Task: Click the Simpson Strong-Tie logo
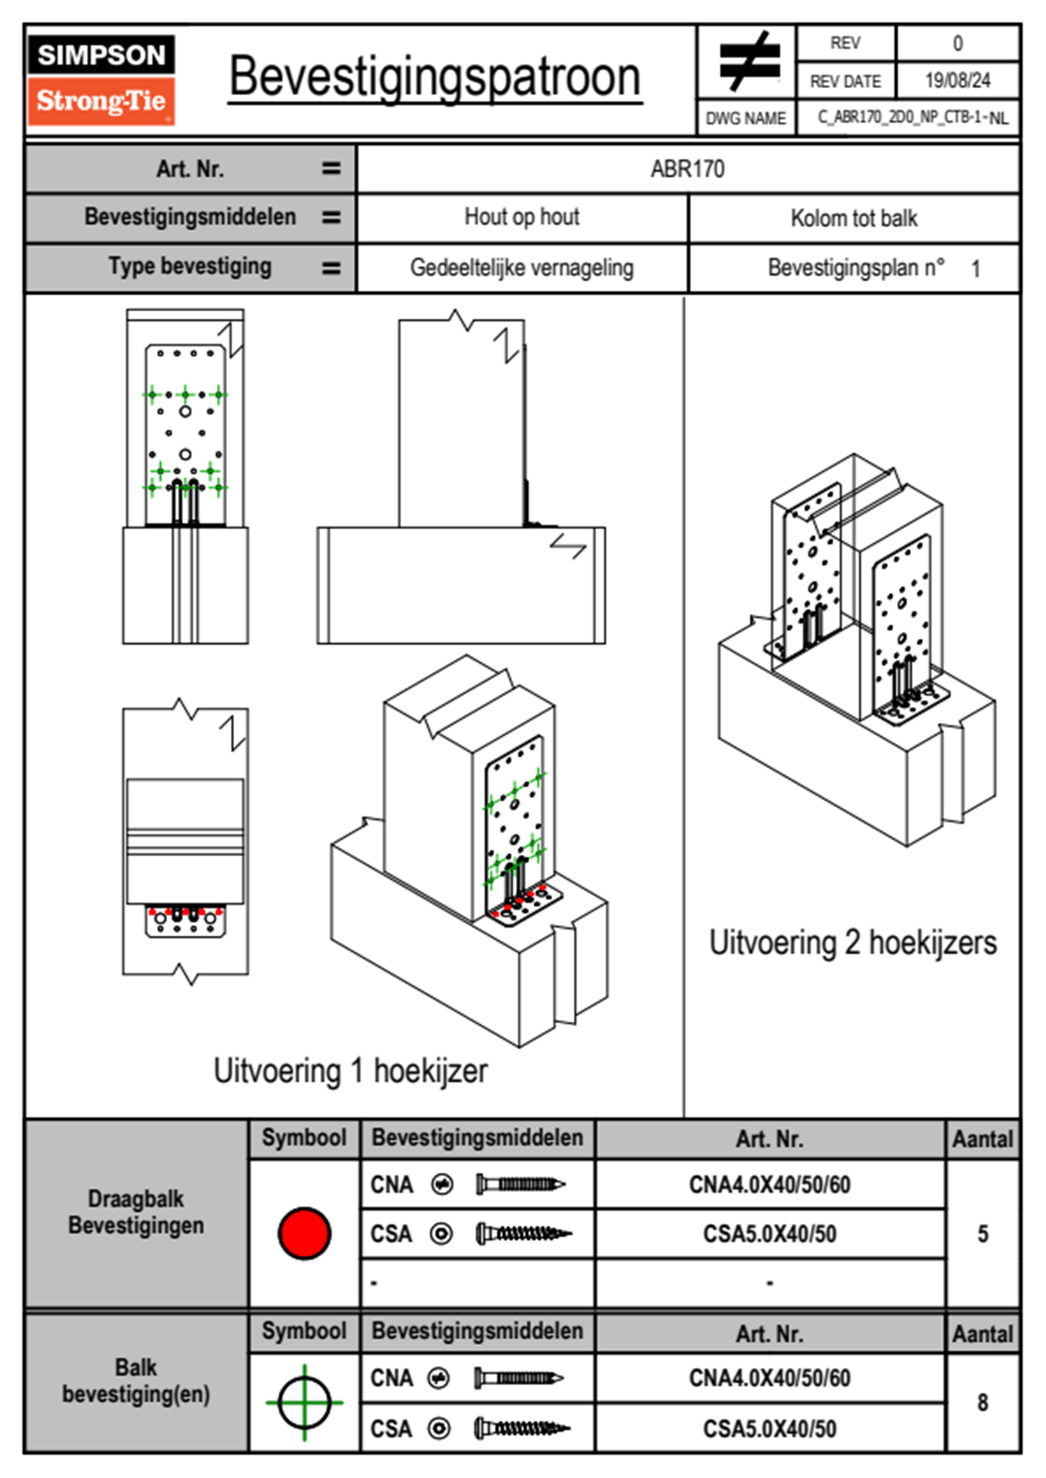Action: click(101, 80)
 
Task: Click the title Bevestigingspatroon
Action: click(434, 76)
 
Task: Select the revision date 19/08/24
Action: click(957, 81)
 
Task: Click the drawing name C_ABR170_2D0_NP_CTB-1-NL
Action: click(912, 118)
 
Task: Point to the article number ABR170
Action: click(687, 169)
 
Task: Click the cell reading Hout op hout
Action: click(522, 217)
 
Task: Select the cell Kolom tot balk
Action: click(854, 218)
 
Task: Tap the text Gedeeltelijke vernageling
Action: click(522, 268)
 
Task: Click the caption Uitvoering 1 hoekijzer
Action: click(350, 1071)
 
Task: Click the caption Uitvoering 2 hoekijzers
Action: click(853, 943)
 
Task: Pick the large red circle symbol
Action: click(304, 1233)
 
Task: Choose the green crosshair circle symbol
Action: click(304, 1402)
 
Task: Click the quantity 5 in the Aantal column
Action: click(983, 1234)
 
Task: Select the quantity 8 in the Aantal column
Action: click(983, 1402)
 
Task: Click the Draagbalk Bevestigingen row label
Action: click(136, 1212)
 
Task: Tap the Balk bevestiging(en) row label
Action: click(136, 1380)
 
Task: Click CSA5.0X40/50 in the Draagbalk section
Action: click(769, 1235)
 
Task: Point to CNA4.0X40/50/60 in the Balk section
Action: click(769, 1378)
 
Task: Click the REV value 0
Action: click(957, 43)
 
